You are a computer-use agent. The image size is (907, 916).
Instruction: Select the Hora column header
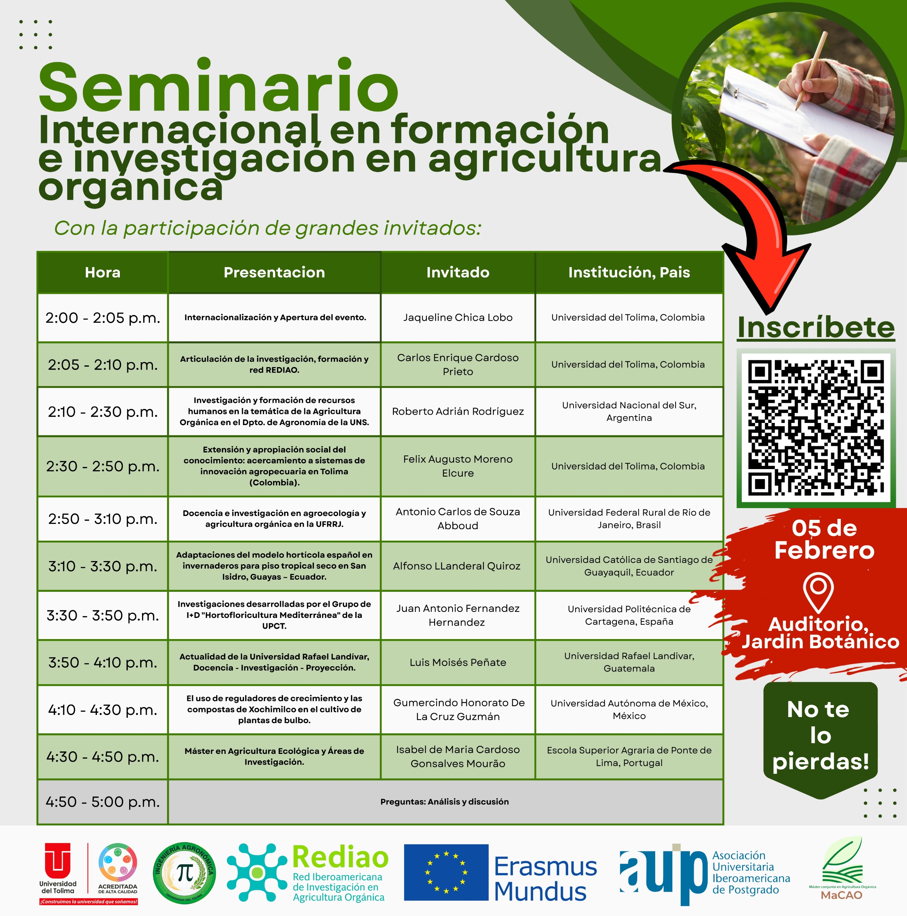pyautogui.click(x=102, y=272)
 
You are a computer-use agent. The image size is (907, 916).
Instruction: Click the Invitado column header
pyautogui.click(x=458, y=272)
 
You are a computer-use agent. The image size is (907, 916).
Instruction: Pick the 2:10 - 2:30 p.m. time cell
pyautogui.click(x=102, y=411)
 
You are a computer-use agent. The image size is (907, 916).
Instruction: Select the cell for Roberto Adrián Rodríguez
pyautogui.click(x=458, y=411)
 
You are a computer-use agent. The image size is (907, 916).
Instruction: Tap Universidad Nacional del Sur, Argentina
pyautogui.click(x=629, y=411)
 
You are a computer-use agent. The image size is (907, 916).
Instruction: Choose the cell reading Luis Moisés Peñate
pyautogui.click(x=458, y=662)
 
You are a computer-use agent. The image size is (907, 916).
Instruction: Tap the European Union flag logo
pyautogui.click(x=446, y=872)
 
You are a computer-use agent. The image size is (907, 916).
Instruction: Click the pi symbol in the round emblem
pyautogui.click(x=184, y=872)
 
